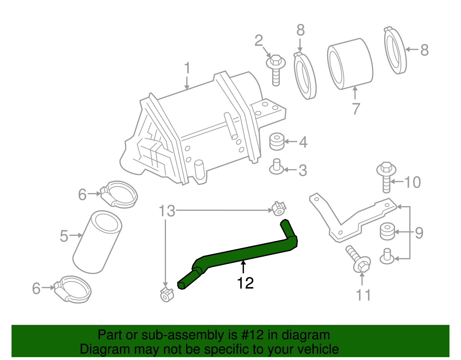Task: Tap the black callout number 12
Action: tap(245, 283)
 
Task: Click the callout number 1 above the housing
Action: tap(187, 68)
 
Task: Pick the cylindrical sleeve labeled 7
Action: tap(350, 64)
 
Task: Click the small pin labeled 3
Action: tap(277, 167)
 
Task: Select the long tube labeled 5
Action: tap(97, 242)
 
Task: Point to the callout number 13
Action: tap(167, 211)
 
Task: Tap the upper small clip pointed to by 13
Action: tap(279, 209)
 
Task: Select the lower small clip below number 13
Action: tap(167, 295)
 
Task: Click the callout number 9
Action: tap(419, 233)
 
